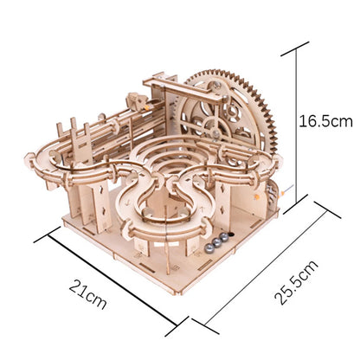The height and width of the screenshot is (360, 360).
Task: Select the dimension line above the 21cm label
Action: click(x=103, y=277)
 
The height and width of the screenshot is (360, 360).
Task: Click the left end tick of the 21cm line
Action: click(x=36, y=232)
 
